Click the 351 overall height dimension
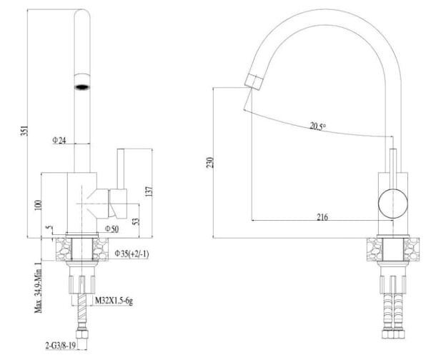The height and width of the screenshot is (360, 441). coord(25,131)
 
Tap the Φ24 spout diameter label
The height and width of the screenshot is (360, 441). coord(59,140)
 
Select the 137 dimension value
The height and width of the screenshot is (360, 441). coord(149,191)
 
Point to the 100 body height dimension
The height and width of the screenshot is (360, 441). coord(39,205)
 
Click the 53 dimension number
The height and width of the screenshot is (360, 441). coord(136,221)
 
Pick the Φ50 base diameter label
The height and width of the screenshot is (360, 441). coord(112,229)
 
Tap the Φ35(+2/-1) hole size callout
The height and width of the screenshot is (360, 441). coord(132,254)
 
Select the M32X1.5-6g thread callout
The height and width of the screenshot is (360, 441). coord(114,301)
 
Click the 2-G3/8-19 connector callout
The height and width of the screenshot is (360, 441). coord(61,346)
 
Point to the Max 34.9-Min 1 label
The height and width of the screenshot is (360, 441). coord(39,287)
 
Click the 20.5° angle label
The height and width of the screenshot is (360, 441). coord(317,126)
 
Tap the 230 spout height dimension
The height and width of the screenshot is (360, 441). coord(210,163)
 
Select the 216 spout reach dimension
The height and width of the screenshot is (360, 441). coord(322,217)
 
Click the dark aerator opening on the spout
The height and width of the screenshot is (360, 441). coord(82,87)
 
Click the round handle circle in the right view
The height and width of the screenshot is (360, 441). coord(393,204)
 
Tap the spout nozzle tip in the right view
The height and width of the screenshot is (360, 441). coord(254,81)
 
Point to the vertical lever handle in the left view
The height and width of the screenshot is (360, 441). coord(121,169)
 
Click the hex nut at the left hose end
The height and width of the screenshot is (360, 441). coord(82,334)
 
